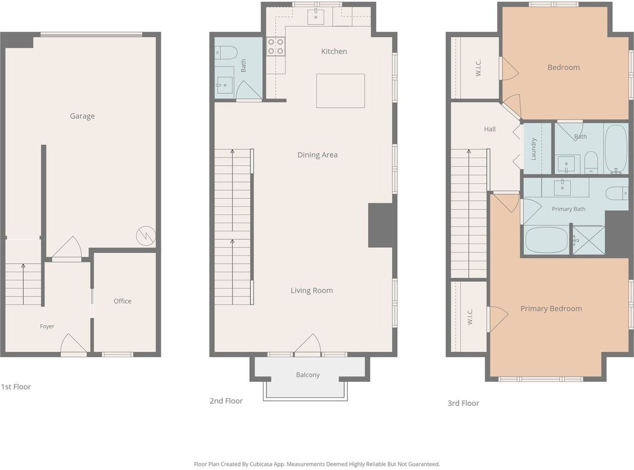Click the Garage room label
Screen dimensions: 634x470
(82, 116)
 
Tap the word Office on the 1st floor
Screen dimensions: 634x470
(123, 301)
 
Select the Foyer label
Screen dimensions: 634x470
(47, 326)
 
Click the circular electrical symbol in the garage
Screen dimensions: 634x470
(146, 236)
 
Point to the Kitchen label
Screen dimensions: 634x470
(334, 52)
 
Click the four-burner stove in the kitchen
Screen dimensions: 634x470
(275, 47)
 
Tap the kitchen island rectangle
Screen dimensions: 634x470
(340, 91)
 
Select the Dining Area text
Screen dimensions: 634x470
(317, 155)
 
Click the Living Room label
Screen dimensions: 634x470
(312, 290)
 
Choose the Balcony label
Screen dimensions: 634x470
(308, 375)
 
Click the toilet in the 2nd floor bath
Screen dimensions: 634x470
(226, 52)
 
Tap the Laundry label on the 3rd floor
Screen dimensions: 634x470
(533, 149)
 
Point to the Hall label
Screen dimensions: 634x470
(490, 129)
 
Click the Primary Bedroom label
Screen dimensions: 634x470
(551, 309)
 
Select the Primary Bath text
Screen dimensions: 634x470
(569, 209)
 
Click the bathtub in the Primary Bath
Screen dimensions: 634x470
(546, 239)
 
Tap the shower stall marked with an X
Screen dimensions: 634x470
(589, 240)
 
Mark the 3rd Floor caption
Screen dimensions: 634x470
(463, 404)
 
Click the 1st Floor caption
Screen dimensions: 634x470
(16, 387)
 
